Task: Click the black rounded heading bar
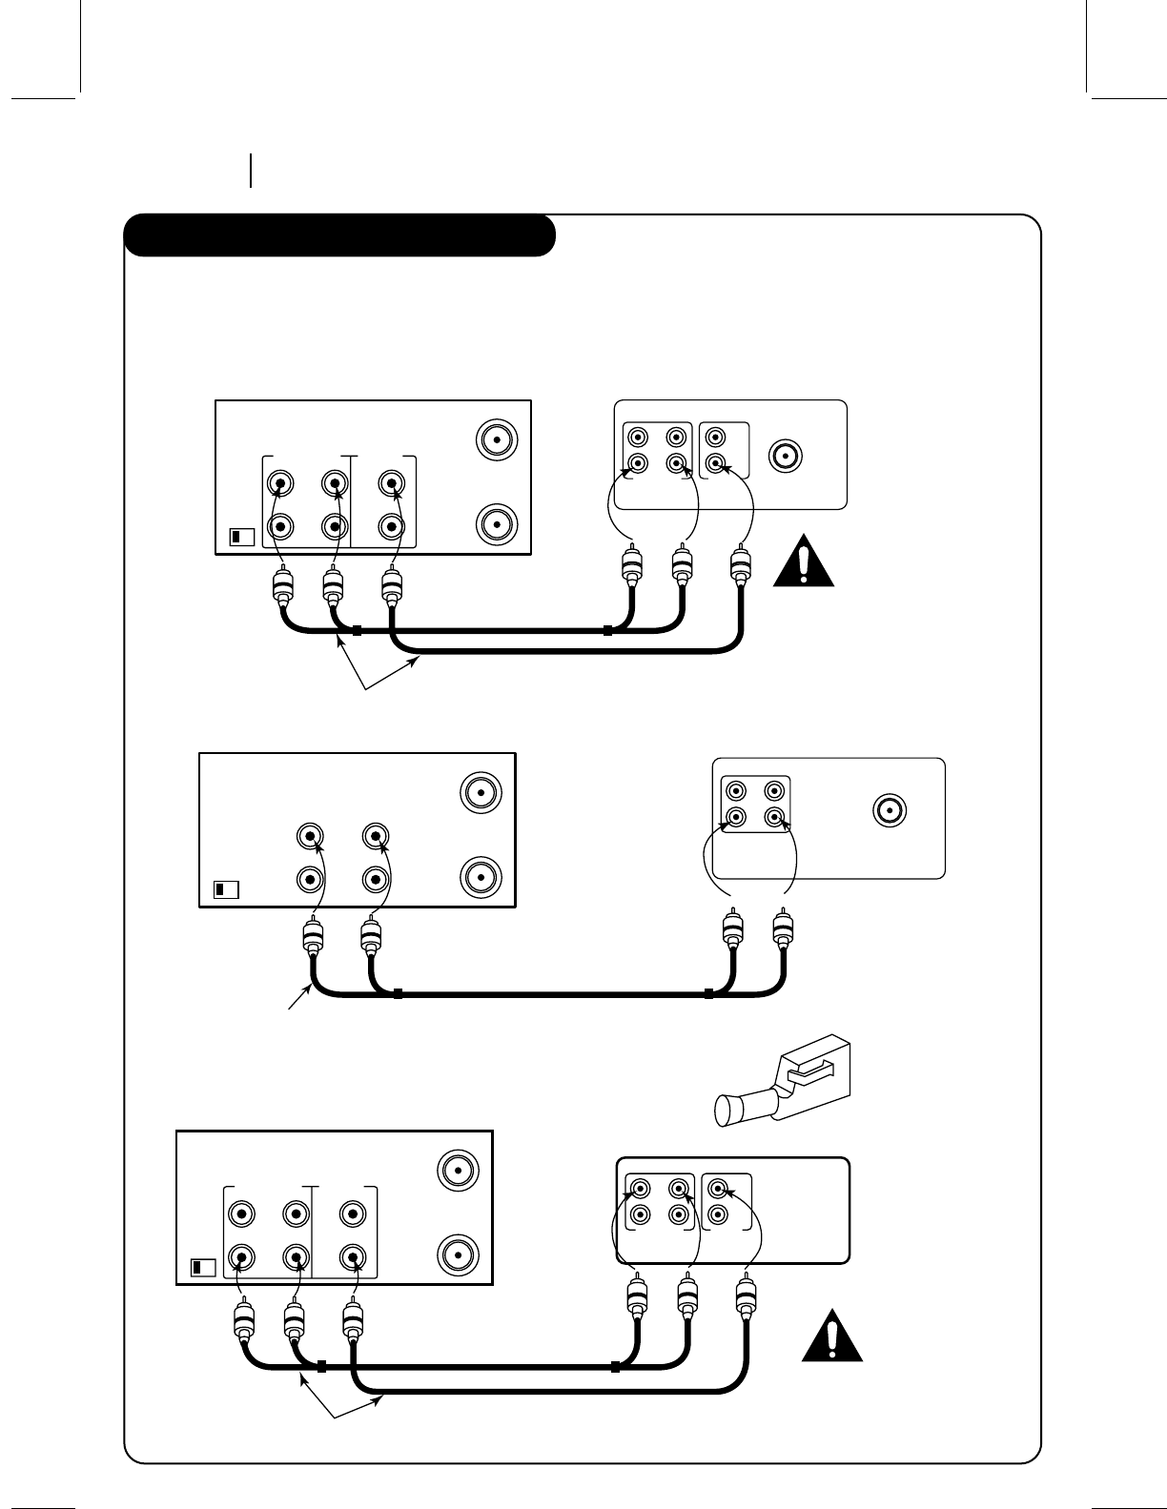[x=339, y=235]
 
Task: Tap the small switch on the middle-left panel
[x=225, y=889]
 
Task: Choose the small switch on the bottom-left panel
[x=204, y=1268]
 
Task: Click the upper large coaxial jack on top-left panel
[x=496, y=439]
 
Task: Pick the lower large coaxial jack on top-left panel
[x=496, y=524]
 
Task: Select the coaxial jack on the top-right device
[x=786, y=456]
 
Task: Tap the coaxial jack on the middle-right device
[x=889, y=809]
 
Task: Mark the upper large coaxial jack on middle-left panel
[x=480, y=791]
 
